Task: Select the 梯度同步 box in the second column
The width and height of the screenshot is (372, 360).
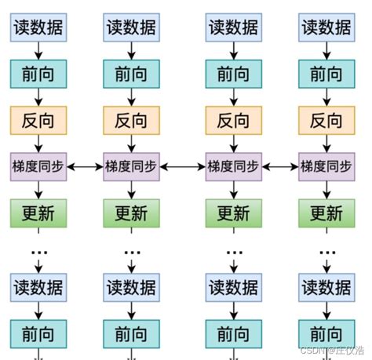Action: [x=131, y=166]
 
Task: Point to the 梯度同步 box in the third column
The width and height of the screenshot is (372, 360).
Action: [x=233, y=166]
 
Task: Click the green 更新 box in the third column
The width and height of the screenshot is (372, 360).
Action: [x=233, y=212]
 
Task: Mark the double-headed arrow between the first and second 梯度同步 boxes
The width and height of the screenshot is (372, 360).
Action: [x=86, y=166]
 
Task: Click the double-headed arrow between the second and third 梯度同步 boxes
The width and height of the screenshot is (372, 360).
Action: [x=182, y=166]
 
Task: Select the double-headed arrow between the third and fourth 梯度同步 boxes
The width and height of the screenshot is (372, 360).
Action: [x=280, y=166]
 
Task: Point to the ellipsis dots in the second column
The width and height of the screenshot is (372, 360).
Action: [x=131, y=253]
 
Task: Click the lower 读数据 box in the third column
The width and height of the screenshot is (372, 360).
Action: [x=233, y=288]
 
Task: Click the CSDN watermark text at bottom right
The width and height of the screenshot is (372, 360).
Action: [x=332, y=350]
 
